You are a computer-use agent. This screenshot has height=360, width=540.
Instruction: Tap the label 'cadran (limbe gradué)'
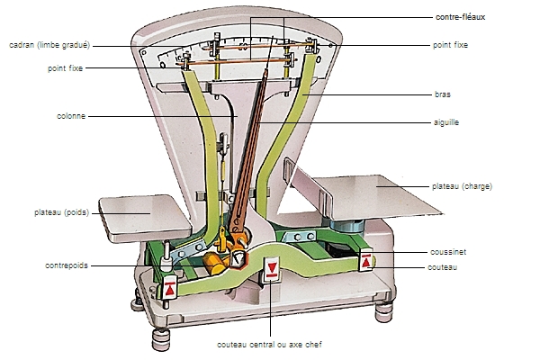50,45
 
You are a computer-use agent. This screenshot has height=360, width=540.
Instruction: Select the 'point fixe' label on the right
450,44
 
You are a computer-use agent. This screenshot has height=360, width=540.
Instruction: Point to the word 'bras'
441,94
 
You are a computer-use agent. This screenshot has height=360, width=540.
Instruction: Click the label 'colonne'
71,115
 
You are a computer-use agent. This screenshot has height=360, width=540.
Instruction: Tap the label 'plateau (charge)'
462,186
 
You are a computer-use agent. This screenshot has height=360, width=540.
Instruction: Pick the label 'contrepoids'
66,265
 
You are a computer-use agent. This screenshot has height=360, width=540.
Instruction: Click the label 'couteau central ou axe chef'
269,345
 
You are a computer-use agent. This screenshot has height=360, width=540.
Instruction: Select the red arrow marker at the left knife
169,290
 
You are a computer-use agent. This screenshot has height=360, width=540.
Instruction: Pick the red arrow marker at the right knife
365,261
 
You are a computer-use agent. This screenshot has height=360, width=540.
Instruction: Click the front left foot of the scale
163,338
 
